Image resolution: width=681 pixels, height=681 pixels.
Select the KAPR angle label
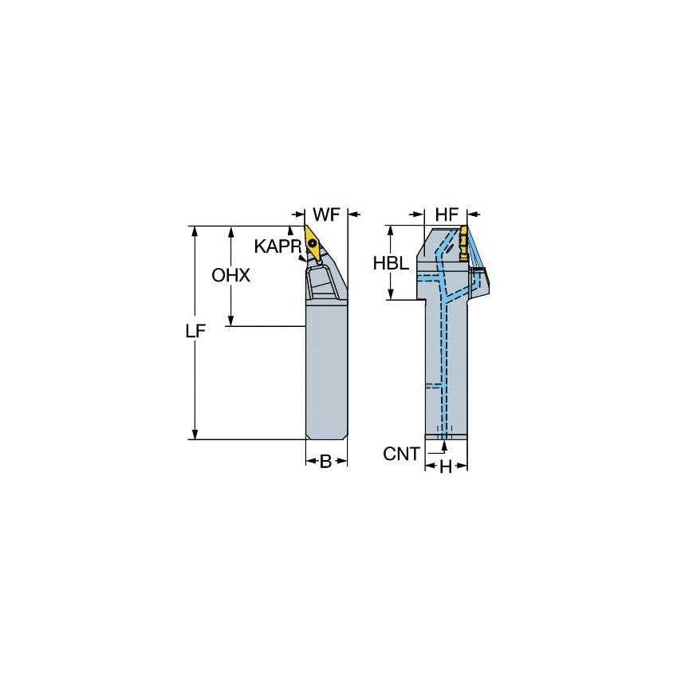coord(277,246)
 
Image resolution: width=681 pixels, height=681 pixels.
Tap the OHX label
coord(230,276)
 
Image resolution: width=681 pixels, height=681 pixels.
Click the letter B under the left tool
coord(325,461)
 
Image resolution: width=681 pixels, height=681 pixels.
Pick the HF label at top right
coord(447,215)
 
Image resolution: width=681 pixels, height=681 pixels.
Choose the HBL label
coord(392,264)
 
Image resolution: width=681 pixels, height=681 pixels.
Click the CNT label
coord(401,454)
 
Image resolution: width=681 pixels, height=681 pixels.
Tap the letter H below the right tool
coord(445,467)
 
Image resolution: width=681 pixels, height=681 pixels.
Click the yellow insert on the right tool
coord(462,242)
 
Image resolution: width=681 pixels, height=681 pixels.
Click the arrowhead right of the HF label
coord(472,215)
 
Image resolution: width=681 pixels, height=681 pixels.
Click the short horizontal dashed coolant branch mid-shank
coord(433,385)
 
